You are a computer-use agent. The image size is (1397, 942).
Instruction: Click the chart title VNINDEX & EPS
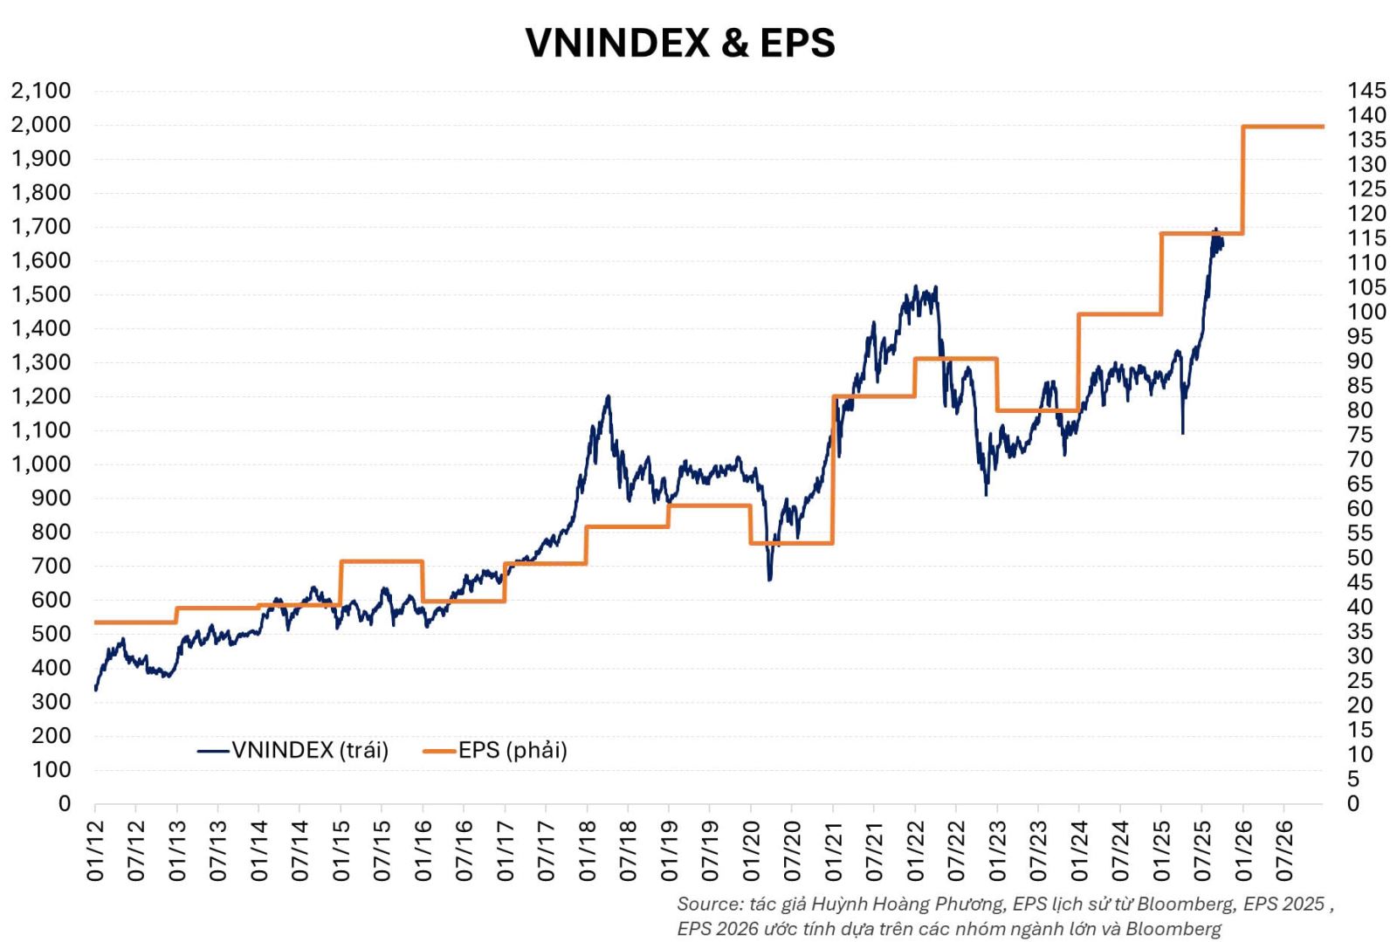(680, 43)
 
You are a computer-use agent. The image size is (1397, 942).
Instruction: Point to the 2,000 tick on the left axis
(41, 125)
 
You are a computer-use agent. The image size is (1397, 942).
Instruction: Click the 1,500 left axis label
(41, 294)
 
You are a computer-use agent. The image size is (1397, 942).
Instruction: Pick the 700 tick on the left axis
(52, 566)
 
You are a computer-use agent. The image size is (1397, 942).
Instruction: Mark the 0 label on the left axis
(64, 803)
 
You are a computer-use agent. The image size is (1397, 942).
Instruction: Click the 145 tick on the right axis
(1366, 91)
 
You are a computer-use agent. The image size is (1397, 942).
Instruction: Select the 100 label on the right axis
(1366, 312)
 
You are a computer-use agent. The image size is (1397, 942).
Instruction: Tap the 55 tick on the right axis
(1360, 533)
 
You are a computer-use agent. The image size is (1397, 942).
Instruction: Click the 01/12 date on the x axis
(95, 850)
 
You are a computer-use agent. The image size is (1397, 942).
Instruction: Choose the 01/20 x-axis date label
(751, 850)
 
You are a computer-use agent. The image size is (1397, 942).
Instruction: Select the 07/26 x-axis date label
(1284, 850)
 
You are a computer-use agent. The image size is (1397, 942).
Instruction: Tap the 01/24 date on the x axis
(1079, 850)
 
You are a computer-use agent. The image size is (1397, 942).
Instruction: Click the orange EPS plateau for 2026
(1283, 127)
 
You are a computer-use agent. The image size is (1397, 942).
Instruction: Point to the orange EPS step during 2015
(382, 561)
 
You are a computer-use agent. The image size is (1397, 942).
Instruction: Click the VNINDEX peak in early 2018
(608, 397)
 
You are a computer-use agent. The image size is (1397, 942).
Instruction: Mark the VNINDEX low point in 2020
(769, 579)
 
